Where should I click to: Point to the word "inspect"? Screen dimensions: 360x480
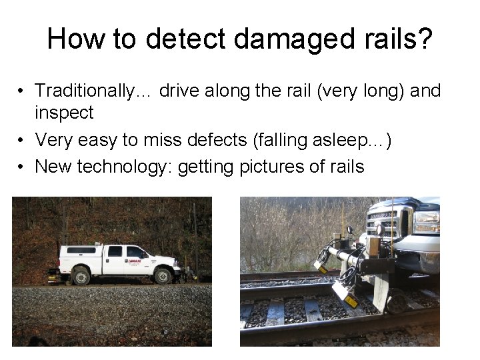(64, 113)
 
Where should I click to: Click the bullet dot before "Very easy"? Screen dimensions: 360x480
(22, 140)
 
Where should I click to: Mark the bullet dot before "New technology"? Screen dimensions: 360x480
(22, 167)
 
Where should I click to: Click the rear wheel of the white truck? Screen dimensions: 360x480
(82, 275)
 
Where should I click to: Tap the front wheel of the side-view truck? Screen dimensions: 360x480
(163, 274)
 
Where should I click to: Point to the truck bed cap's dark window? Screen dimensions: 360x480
(82, 251)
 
